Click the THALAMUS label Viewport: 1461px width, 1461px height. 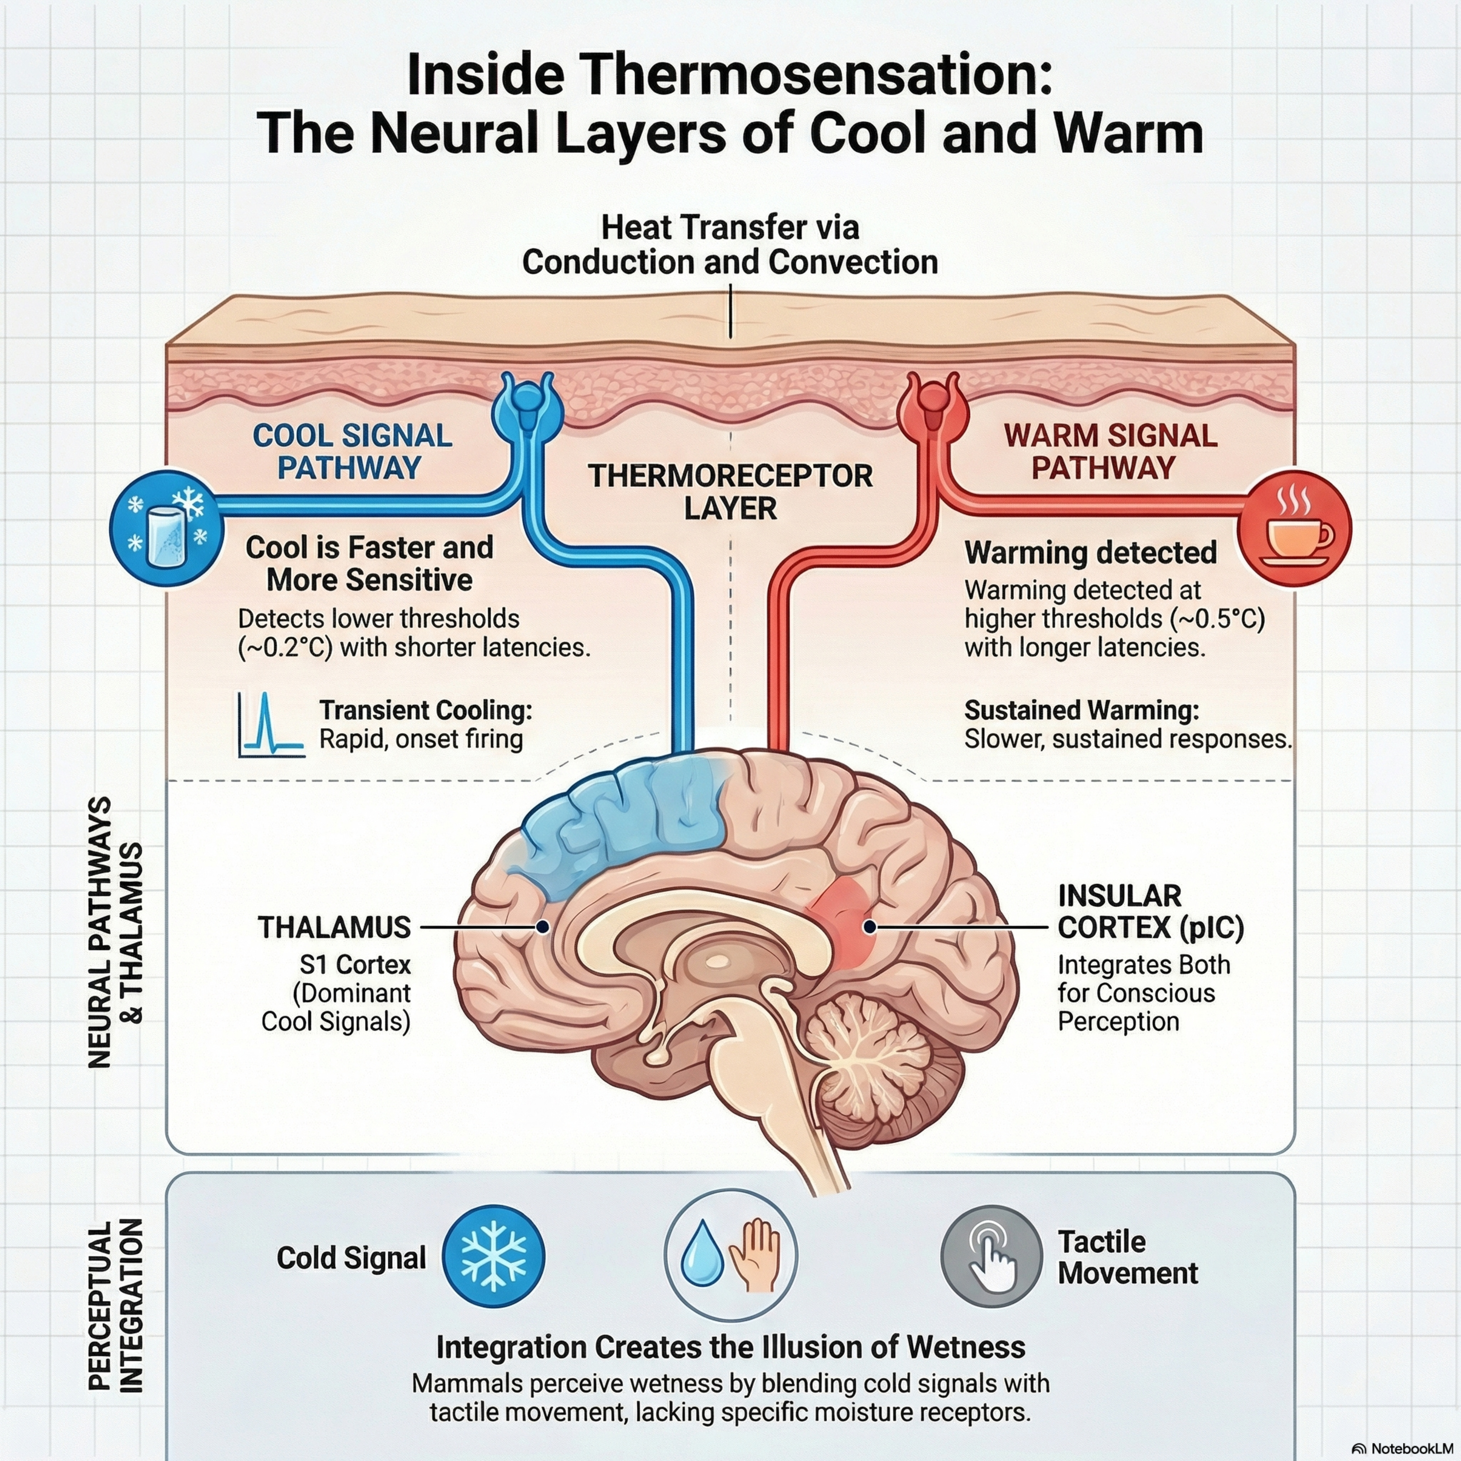coord(334,927)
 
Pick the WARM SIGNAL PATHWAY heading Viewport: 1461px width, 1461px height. coord(1110,451)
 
